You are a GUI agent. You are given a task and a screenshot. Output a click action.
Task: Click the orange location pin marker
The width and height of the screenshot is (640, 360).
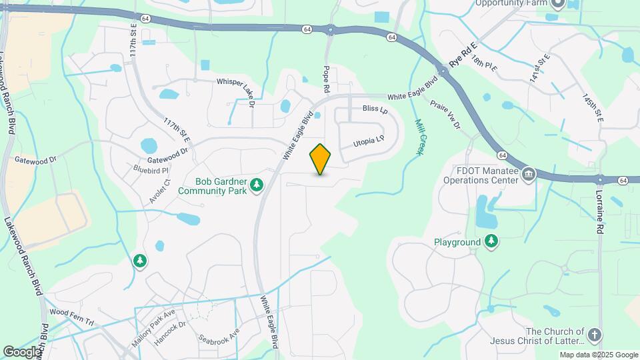click(x=321, y=159)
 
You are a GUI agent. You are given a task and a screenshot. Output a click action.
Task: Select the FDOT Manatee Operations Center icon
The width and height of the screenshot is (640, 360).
click(x=529, y=175)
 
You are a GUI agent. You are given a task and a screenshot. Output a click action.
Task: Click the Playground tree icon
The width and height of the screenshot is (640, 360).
click(x=491, y=241)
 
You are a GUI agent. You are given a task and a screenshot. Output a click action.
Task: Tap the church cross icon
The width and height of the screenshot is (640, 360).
click(x=595, y=335)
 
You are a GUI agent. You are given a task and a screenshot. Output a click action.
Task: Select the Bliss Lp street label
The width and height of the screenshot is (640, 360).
click(x=375, y=108)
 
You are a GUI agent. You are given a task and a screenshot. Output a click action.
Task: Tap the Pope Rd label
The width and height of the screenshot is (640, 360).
click(x=327, y=79)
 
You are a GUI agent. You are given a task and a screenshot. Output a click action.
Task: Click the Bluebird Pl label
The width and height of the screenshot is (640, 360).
click(x=151, y=170)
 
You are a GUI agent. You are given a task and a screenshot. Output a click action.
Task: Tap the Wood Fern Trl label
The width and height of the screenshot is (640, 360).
click(x=72, y=312)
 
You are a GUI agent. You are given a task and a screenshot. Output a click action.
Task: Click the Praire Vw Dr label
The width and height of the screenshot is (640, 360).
click(x=445, y=114)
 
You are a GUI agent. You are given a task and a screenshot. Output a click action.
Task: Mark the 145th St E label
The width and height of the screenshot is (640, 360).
click(x=591, y=107)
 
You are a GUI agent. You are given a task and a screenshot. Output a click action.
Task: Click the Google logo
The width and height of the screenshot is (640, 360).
click(x=22, y=352)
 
